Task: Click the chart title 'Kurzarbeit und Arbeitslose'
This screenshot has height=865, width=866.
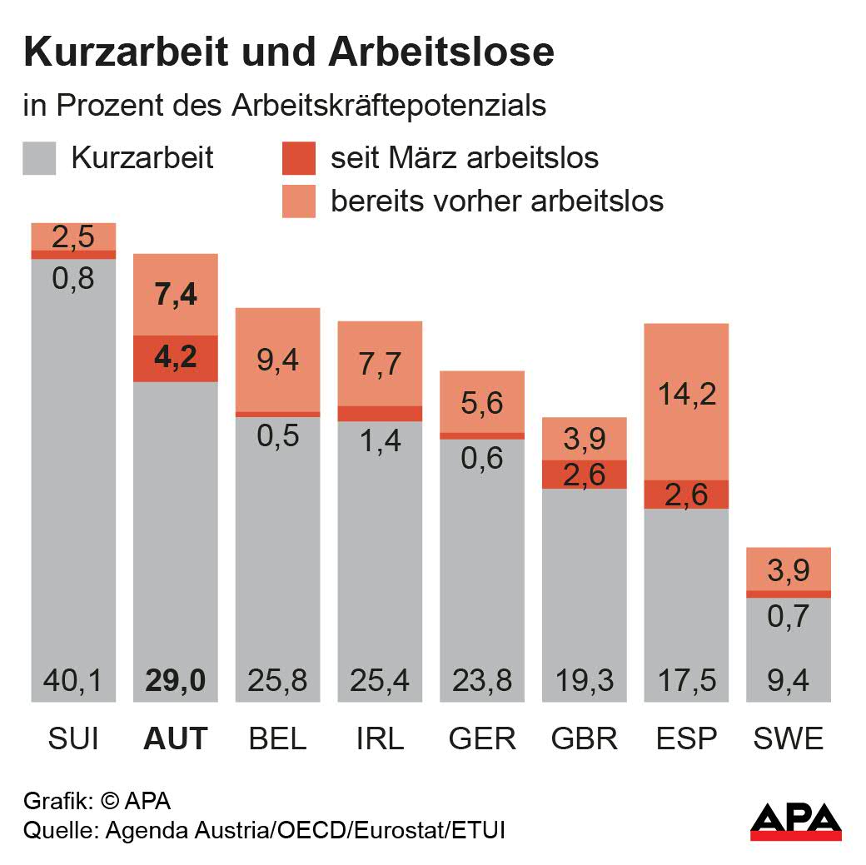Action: click(x=289, y=52)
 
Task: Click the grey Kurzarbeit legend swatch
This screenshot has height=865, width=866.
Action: click(x=39, y=158)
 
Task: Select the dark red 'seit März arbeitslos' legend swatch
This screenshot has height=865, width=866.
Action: click(x=299, y=158)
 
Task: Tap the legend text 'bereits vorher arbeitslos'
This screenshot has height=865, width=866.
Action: click(x=497, y=201)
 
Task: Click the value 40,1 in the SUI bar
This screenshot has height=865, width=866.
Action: click(x=73, y=681)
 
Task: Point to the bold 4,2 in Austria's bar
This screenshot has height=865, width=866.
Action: click(x=176, y=359)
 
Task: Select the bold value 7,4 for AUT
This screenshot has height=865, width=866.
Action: click(x=176, y=295)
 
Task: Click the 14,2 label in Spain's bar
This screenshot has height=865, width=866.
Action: click(x=687, y=394)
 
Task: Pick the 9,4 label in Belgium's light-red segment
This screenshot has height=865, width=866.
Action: click(x=277, y=360)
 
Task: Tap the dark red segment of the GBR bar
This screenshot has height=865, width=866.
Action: click(x=585, y=475)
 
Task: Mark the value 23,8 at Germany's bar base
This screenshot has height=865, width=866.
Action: click(x=482, y=681)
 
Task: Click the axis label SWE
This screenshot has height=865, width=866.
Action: click(x=789, y=738)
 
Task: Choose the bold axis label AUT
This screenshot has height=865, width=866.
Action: click(x=176, y=738)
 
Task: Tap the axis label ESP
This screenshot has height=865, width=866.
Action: click(x=687, y=738)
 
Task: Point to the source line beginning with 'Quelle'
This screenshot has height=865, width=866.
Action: click(x=264, y=830)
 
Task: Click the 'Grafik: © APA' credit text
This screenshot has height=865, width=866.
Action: click(x=97, y=802)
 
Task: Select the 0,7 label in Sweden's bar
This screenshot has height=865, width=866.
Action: click(x=789, y=617)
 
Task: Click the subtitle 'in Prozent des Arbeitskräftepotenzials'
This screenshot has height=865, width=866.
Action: click(x=286, y=106)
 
